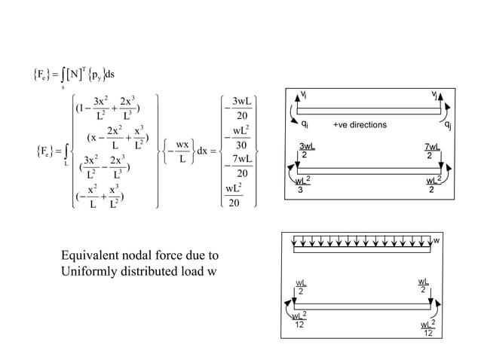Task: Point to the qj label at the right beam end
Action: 449,124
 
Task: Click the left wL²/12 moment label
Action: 300,319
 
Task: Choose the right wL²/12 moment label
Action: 427,328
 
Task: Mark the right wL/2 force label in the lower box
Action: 424,285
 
